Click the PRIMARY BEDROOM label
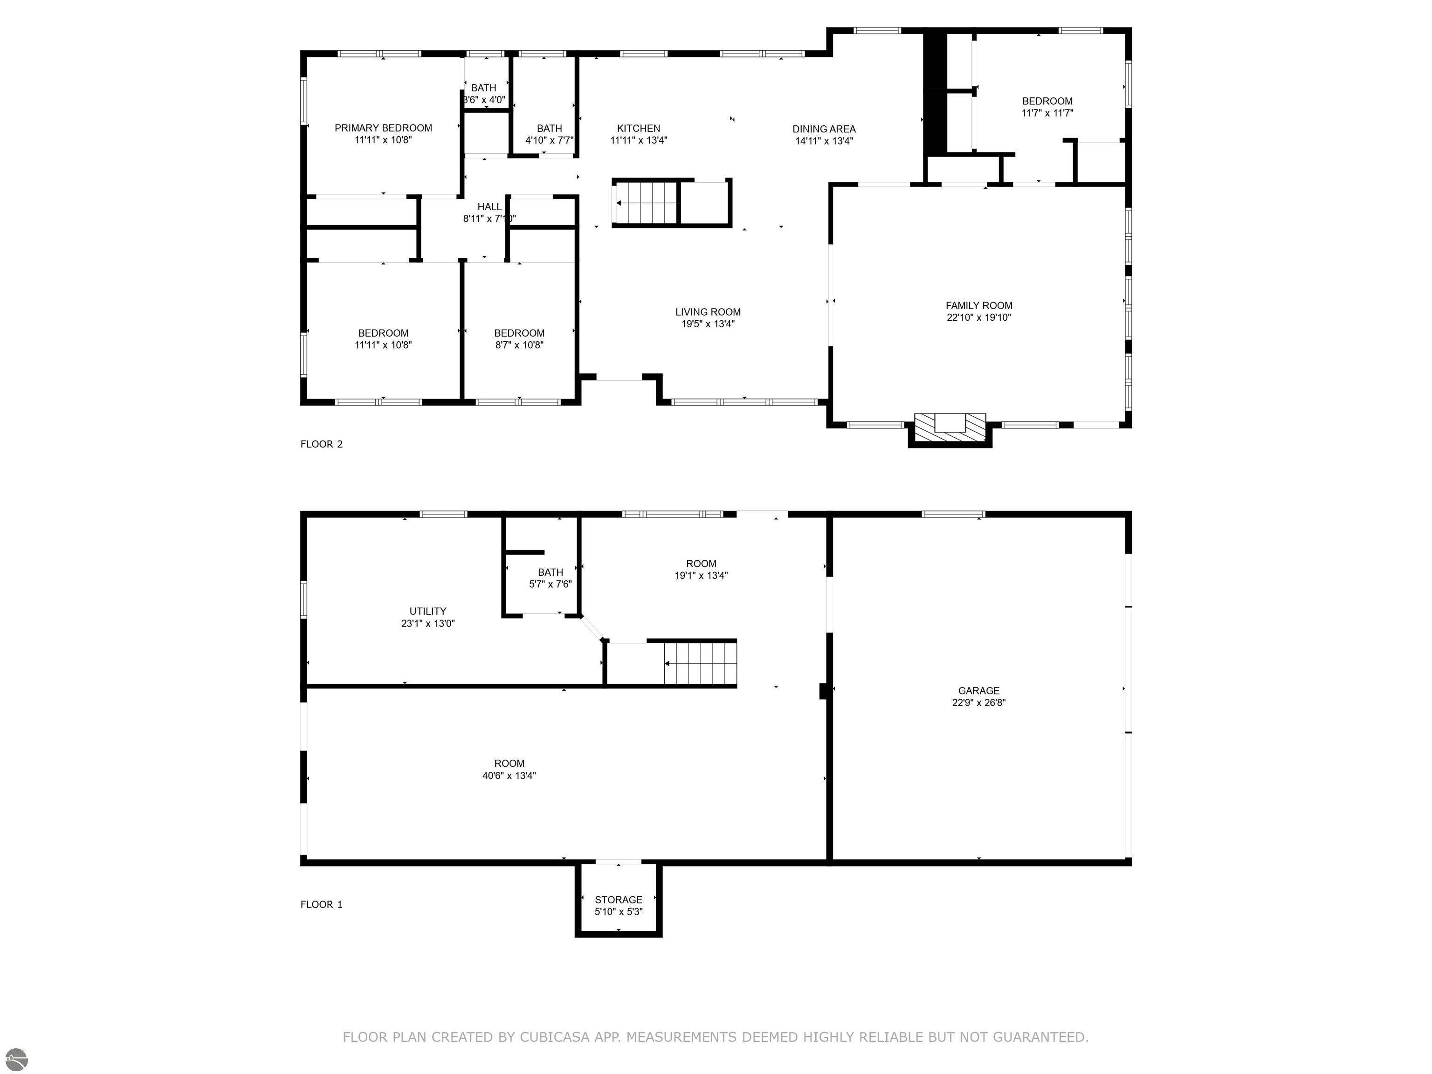[383, 128]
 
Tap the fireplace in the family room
[950, 428]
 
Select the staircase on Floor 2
[646, 203]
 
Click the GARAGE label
[979, 691]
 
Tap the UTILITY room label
[428, 611]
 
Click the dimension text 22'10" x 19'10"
[979, 317]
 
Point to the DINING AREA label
[824, 129]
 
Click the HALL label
[489, 207]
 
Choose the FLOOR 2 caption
[322, 444]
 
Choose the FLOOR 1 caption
[321, 904]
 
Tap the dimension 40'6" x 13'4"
[509, 776]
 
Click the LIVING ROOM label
[708, 312]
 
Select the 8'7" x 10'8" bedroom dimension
[519, 345]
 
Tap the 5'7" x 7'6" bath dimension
[550, 584]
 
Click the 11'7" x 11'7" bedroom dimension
[1047, 113]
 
